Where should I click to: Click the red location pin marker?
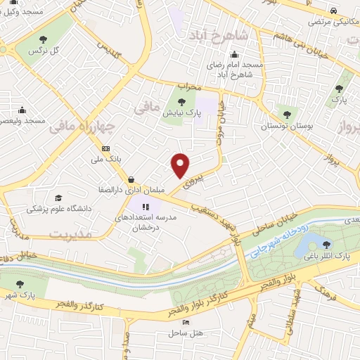tap(181, 165)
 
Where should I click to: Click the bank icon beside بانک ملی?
tap(106, 148)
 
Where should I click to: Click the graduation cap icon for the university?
tap(58, 198)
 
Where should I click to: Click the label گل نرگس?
tap(41, 52)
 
